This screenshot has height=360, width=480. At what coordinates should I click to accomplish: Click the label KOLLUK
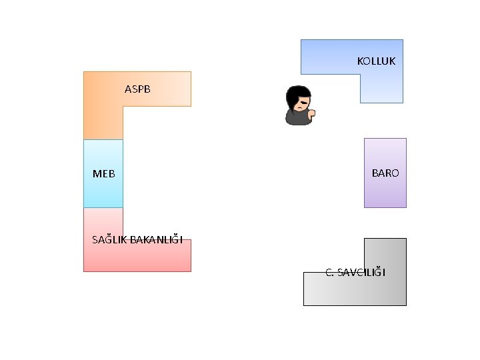coord(376,61)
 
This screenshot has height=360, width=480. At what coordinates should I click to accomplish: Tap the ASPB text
coord(139,88)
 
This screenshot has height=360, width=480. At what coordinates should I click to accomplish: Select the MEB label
coord(103,174)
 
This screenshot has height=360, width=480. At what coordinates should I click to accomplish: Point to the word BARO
coord(385,173)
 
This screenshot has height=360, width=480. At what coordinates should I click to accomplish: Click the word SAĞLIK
coord(109,239)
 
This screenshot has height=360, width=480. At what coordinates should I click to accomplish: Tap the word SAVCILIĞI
coord(361,272)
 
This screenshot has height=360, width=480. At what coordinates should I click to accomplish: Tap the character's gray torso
coord(297,118)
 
